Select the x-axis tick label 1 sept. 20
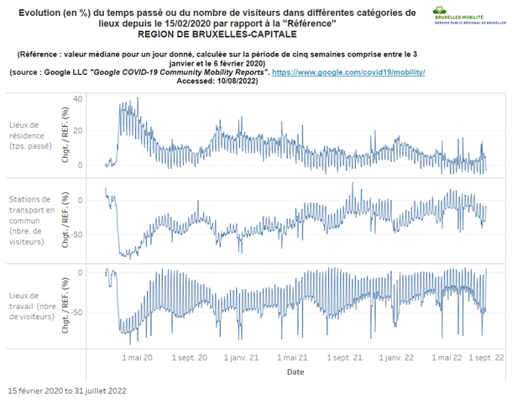pos(190,357)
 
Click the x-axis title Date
pos(295,371)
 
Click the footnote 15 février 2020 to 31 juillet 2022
pos(67,392)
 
